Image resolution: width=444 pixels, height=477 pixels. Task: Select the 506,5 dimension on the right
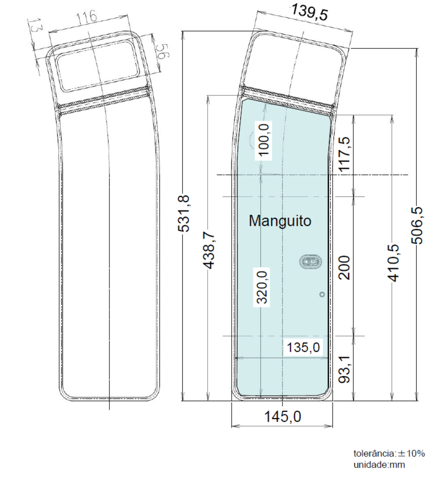click(x=417, y=225)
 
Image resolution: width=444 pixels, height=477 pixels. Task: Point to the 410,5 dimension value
click(x=393, y=263)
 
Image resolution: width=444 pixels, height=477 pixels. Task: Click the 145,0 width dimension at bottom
click(x=283, y=416)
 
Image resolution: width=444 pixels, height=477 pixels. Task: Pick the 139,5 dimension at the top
click(x=309, y=13)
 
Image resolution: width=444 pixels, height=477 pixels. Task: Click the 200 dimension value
click(x=344, y=267)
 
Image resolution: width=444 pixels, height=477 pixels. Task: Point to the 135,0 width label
click(x=303, y=347)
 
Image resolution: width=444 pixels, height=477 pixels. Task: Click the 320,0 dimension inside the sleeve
click(x=262, y=287)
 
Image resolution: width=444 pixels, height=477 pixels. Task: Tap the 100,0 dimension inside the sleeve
click(x=263, y=140)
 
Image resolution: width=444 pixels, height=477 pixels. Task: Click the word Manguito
click(x=280, y=221)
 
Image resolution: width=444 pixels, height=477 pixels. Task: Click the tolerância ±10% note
click(x=389, y=453)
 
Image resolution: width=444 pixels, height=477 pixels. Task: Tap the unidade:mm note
click(x=379, y=465)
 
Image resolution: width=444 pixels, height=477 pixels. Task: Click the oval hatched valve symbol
click(x=310, y=262)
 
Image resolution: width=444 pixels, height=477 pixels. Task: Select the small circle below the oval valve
click(x=322, y=294)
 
